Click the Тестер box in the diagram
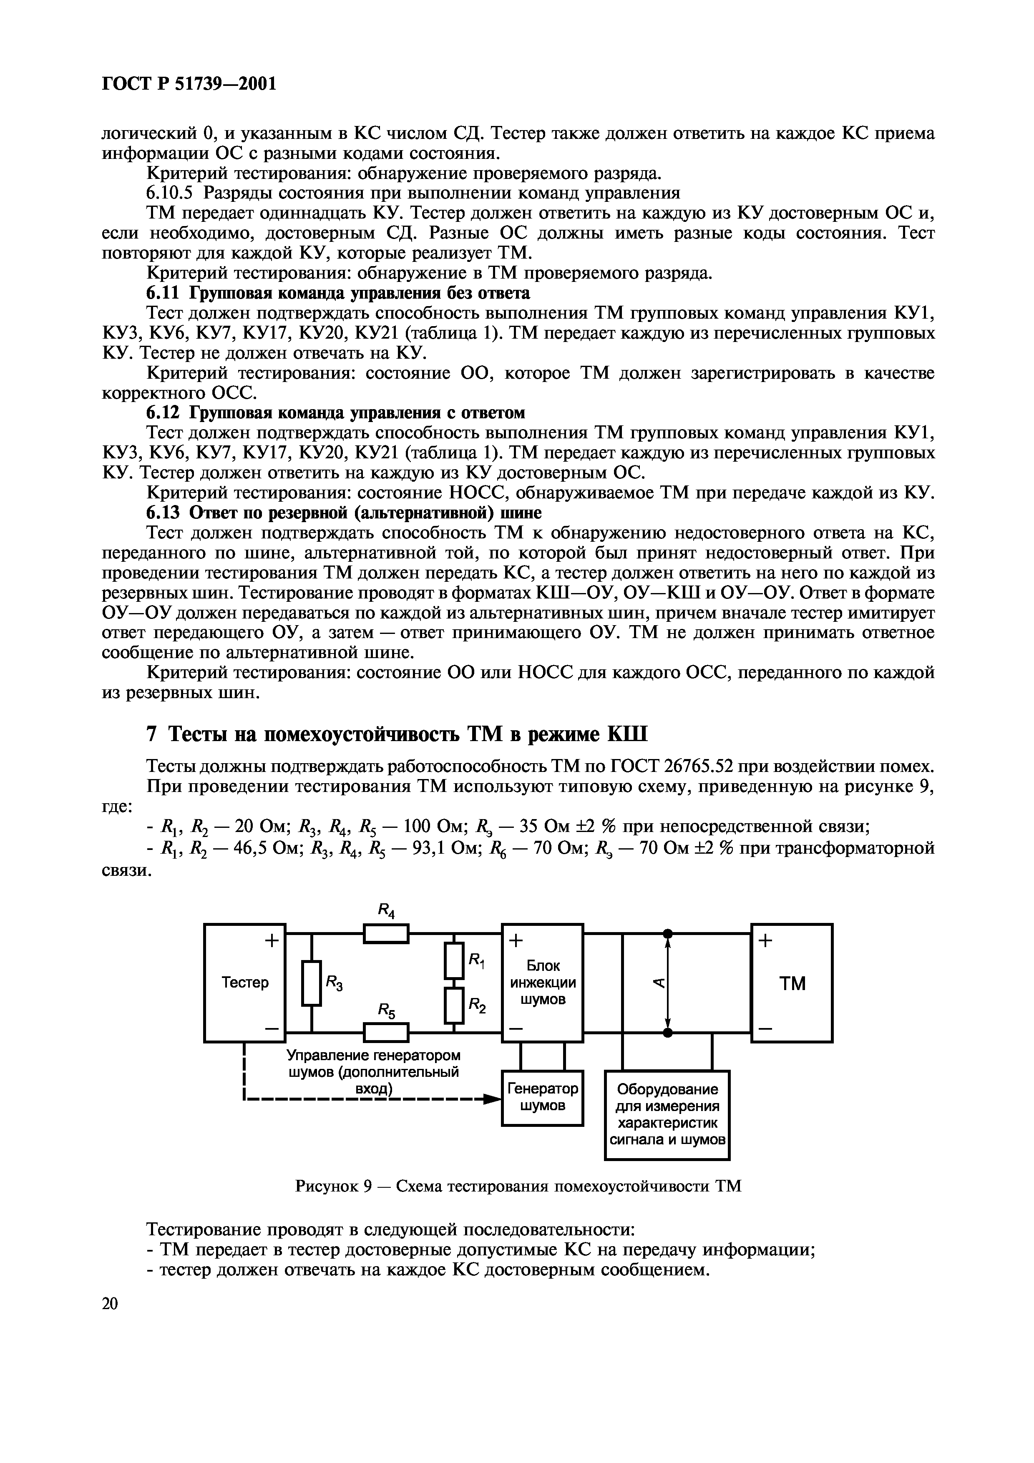pyautogui.click(x=245, y=983)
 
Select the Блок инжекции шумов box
pyautogui.click(x=542, y=983)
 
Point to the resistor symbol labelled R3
pyautogui.click(x=312, y=983)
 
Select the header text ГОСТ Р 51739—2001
pyautogui.click(x=189, y=83)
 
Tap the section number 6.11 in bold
pyautogui.click(x=164, y=293)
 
